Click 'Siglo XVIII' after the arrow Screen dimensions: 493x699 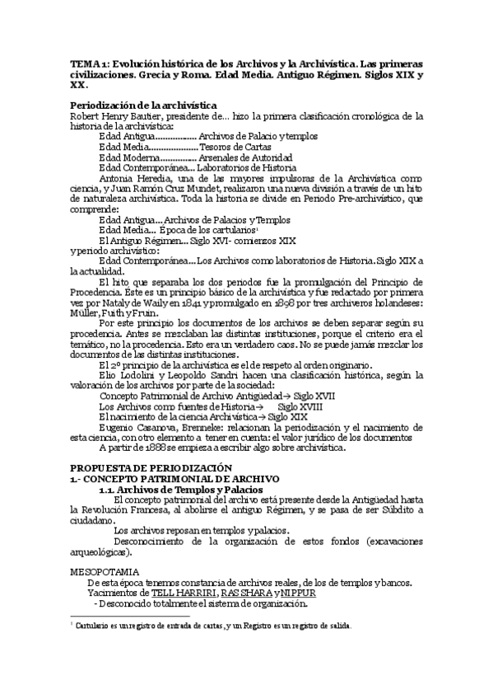pos(300,406)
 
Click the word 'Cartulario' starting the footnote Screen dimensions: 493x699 pos(92,626)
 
